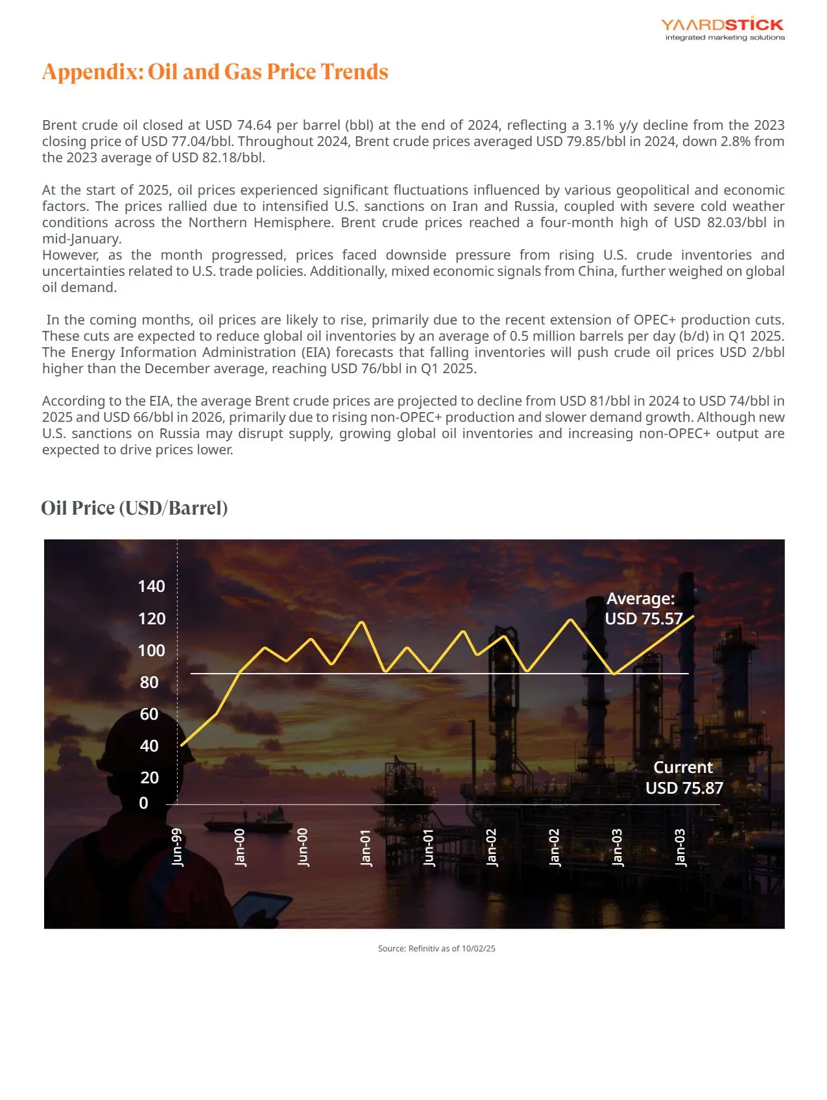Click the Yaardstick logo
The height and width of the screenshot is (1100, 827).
[723, 29]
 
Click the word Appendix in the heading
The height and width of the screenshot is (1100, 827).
[91, 71]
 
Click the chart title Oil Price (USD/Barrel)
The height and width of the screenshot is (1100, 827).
[134, 507]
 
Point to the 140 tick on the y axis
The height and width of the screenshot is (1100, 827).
[151, 587]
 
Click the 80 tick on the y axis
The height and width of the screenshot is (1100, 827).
[149, 682]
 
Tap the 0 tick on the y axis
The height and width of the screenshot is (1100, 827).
[144, 803]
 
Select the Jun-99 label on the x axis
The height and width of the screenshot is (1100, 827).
[177, 847]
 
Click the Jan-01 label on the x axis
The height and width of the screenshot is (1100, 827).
[366, 848]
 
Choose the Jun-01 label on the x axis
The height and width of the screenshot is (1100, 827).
[429, 848]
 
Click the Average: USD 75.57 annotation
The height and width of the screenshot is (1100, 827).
[643, 609]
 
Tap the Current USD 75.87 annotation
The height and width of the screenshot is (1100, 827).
[684, 777]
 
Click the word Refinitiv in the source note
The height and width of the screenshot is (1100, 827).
[424, 949]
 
